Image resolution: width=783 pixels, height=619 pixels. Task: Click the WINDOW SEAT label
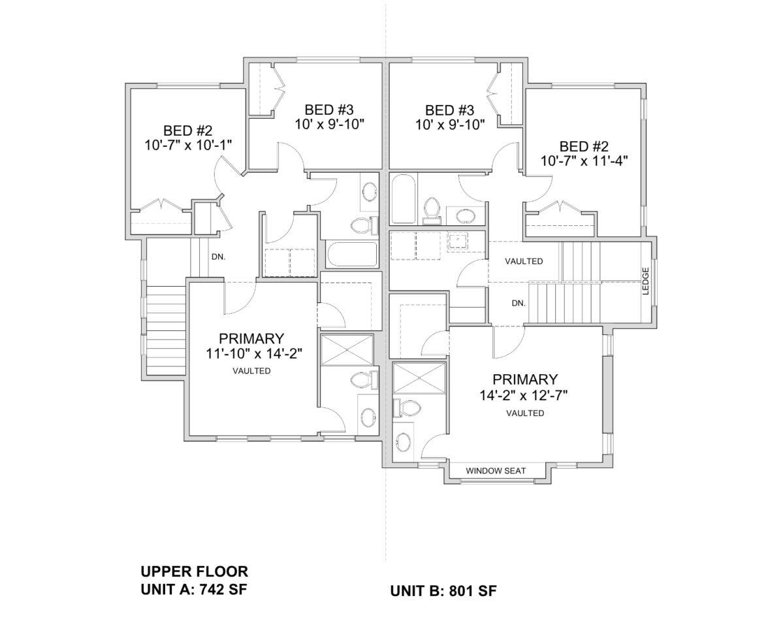pyautogui.click(x=496, y=471)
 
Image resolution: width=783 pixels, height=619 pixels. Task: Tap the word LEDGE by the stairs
pyautogui.click(x=645, y=281)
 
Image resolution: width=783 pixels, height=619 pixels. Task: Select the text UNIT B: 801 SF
pyautogui.click(x=443, y=591)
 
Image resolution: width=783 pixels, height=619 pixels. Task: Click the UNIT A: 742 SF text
pyautogui.click(x=194, y=589)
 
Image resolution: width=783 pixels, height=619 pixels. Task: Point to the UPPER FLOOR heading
pyautogui.click(x=194, y=571)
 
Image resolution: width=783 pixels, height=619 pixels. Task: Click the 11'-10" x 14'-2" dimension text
pyautogui.click(x=255, y=353)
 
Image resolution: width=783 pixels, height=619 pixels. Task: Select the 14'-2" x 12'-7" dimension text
pyautogui.click(x=524, y=395)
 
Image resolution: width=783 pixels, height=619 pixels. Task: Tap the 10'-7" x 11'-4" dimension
pyautogui.click(x=584, y=161)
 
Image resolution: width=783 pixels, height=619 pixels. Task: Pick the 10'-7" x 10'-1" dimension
pyautogui.click(x=188, y=145)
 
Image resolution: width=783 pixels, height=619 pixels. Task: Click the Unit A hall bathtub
pyautogui.click(x=353, y=254)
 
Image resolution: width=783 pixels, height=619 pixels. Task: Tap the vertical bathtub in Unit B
pyautogui.click(x=404, y=199)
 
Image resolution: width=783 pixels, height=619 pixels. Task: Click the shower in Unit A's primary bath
pyautogui.click(x=347, y=350)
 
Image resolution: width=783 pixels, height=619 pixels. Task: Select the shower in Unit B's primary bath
pyautogui.click(x=419, y=379)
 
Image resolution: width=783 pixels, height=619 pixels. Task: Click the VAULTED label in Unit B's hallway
pyautogui.click(x=524, y=261)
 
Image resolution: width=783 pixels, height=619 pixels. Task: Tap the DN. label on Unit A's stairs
pyautogui.click(x=218, y=257)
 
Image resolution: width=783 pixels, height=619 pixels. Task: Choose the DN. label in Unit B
pyautogui.click(x=519, y=303)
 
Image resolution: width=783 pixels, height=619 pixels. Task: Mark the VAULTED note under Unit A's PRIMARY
pyautogui.click(x=251, y=371)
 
